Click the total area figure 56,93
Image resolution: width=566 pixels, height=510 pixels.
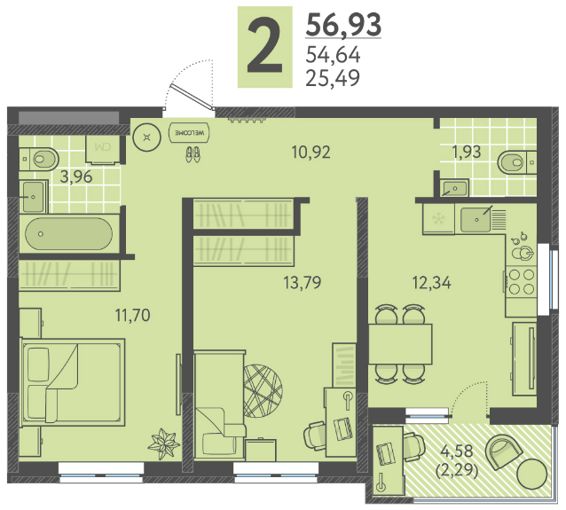point(343,25)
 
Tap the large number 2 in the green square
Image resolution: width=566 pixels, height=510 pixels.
point(264,46)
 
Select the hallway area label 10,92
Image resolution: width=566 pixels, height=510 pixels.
point(311,153)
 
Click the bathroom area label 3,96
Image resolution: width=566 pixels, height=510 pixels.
point(76,177)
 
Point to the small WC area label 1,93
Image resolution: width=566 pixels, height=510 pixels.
point(467,152)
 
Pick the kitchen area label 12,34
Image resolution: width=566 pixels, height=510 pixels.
point(432,283)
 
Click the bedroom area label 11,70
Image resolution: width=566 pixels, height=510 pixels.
point(132,315)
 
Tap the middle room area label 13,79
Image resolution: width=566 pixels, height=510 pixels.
point(303,283)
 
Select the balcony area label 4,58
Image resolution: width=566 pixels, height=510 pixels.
point(456,451)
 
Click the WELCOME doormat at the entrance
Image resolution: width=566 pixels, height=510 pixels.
point(190,132)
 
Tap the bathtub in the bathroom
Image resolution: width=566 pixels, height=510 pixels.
point(68,234)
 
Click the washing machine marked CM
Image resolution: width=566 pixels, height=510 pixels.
point(103,149)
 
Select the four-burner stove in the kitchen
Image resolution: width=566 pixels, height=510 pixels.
point(521,282)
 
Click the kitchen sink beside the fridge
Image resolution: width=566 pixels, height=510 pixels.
point(476,219)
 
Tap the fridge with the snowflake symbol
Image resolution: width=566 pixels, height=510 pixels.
point(438,219)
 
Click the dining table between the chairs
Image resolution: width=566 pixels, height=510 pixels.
point(400,344)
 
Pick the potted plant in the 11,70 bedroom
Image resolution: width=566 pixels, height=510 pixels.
point(164,444)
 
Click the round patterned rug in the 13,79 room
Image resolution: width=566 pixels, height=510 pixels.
point(263,391)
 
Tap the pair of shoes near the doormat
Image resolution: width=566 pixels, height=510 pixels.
point(193,154)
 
